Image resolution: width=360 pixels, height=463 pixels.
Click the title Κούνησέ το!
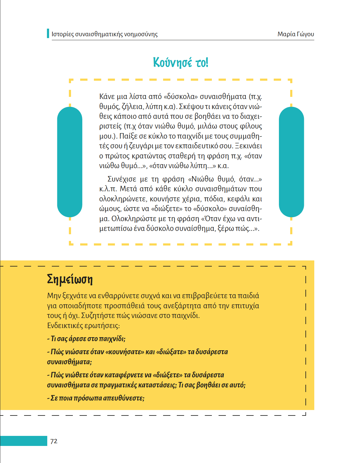click(x=180, y=62)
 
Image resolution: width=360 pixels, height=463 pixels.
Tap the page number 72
click(x=54, y=441)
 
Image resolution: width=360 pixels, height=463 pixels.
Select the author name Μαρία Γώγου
click(x=295, y=34)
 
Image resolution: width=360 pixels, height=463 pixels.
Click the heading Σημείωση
click(x=70, y=279)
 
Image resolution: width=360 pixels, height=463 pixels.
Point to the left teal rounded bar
click(x=70, y=162)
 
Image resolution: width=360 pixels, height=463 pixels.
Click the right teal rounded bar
click(x=291, y=162)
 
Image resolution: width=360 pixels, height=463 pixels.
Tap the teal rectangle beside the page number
click(x=24, y=441)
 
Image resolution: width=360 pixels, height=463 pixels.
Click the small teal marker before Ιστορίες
click(x=48, y=34)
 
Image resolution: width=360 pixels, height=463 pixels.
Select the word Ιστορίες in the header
click(x=63, y=34)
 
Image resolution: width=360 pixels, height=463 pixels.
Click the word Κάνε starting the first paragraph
click(x=107, y=97)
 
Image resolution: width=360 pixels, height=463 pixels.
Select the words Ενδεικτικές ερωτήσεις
click(x=84, y=326)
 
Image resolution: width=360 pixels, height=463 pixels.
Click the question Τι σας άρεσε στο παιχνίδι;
click(x=86, y=339)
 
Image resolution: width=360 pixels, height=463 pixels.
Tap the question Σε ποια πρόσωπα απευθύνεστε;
click(x=96, y=398)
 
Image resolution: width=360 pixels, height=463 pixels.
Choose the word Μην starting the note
click(x=54, y=296)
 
